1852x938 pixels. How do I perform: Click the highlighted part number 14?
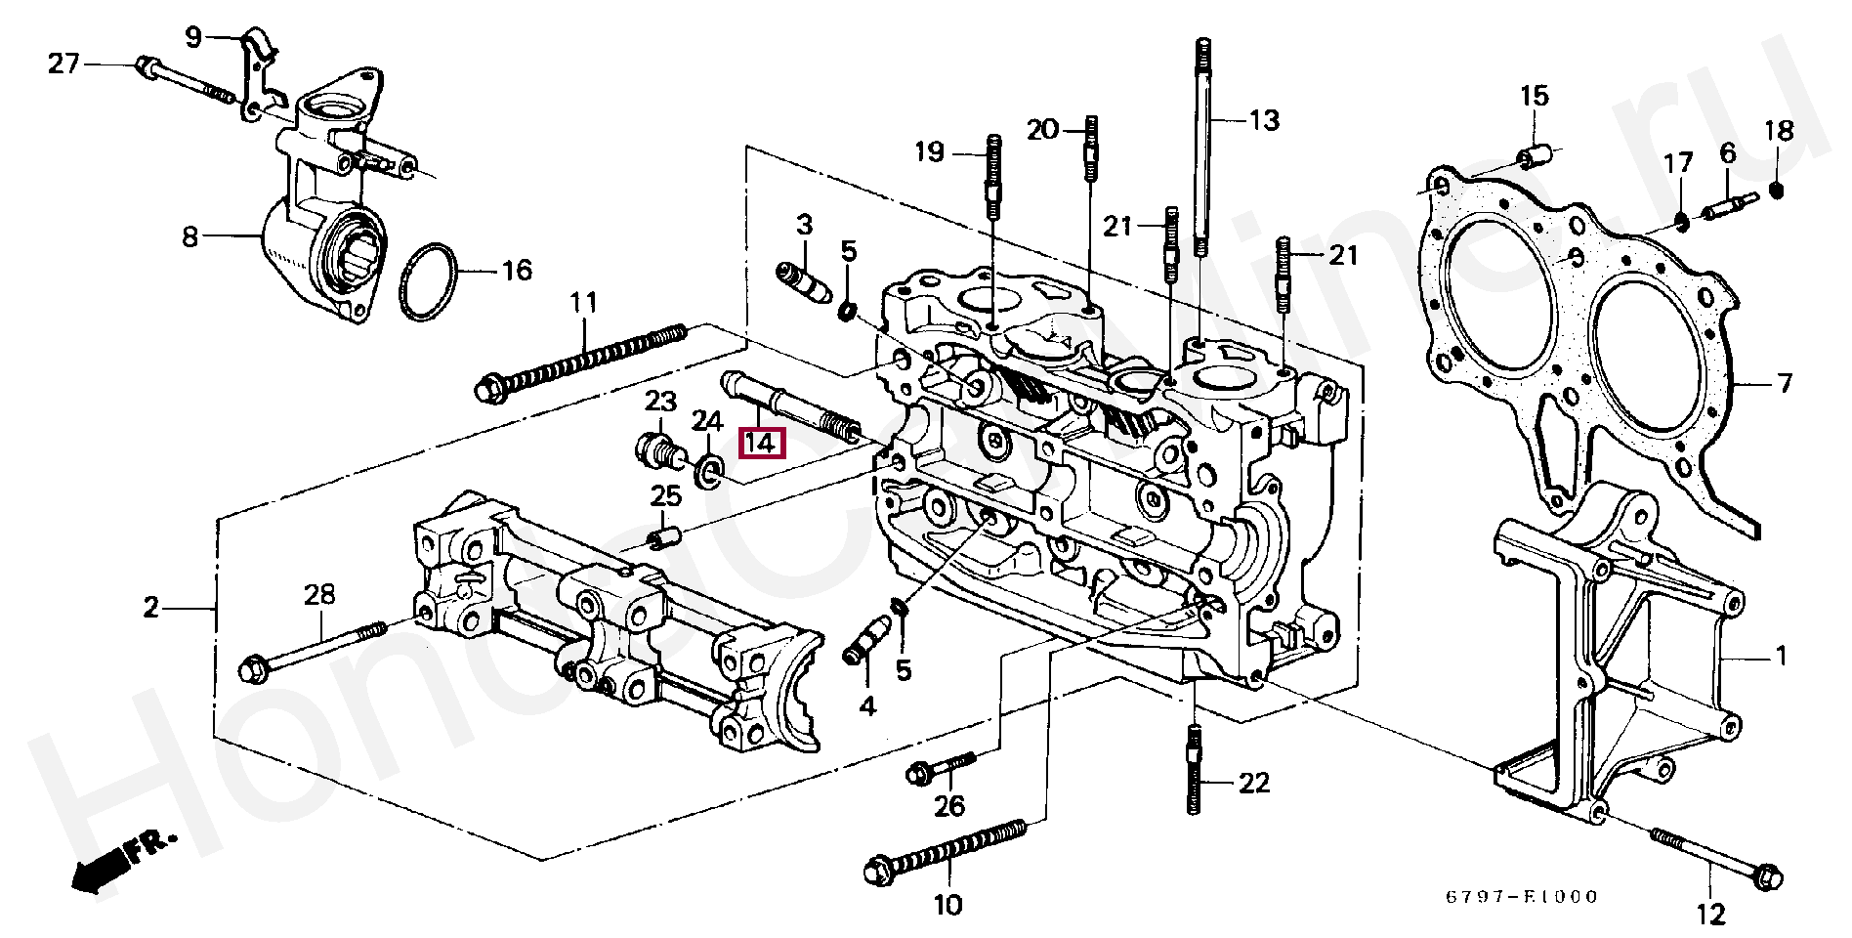760,443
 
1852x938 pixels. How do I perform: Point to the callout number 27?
63,64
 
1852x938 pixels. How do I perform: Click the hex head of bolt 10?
877,868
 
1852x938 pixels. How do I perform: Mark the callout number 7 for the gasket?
1784,384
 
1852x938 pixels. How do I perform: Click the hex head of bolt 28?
251,670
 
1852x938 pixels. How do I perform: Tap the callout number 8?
189,235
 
